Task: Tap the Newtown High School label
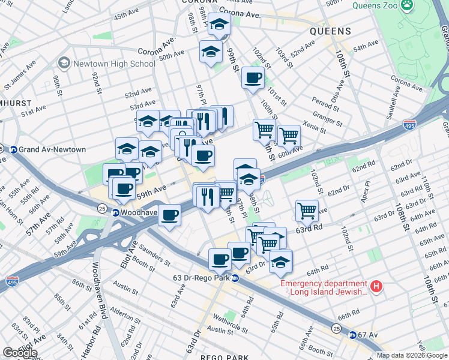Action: [x=114, y=64]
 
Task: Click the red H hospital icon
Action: [x=376, y=287]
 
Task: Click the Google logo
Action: [x=20, y=352]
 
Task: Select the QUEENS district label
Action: [x=330, y=31]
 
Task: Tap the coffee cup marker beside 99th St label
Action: [x=253, y=77]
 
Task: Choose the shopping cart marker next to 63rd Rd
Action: [x=307, y=211]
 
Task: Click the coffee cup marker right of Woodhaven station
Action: [x=170, y=215]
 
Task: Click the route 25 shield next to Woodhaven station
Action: [x=101, y=208]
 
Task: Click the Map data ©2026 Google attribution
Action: [x=412, y=355]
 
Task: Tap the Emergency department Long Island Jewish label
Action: [x=324, y=287]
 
